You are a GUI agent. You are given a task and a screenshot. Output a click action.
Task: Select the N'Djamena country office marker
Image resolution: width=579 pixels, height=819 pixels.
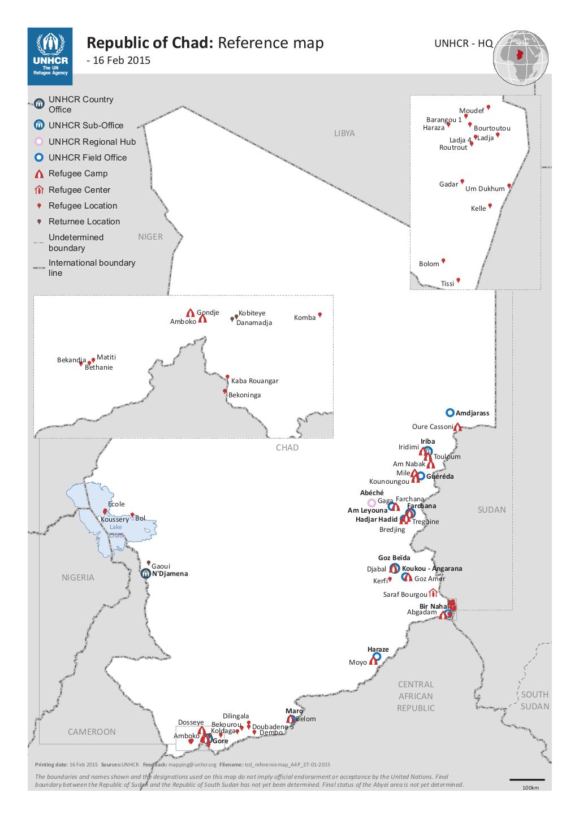pyautogui.click(x=146, y=573)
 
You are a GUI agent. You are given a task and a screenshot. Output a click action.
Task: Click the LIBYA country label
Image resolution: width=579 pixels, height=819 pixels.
pyautogui.click(x=344, y=133)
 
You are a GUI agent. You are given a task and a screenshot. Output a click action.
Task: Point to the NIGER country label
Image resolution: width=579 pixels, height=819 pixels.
pyautogui.click(x=150, y=237)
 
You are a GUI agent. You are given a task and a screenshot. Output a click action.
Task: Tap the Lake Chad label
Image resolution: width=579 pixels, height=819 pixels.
pyautogui.click(x=116, y=531)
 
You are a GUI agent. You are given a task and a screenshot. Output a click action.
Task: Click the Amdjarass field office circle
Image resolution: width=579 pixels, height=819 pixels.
pyautogui.click(x=450, y=413)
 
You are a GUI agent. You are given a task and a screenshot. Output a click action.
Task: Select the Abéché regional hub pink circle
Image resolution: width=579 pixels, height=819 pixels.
pyautogui.click(x=371, y=502)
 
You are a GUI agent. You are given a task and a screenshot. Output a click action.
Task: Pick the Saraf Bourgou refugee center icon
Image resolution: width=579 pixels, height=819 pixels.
pyautogui.click(x=433, y=593)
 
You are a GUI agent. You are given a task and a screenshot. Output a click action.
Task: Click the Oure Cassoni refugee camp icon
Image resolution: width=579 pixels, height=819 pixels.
pyautogui.click(x=458, y=427)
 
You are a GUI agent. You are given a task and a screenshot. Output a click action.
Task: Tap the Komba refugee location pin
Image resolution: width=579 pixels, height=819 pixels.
pyautogui.click(x=320, y=315)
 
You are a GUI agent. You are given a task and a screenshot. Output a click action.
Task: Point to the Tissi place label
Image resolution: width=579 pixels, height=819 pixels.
pyautogui.click(x=447, y=283)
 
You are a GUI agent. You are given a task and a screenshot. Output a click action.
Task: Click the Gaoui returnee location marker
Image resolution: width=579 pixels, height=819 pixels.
pyautogui.click(x=149, y=563)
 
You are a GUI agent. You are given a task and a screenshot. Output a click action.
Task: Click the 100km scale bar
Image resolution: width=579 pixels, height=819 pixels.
pyautogui.click(x=527, y=780)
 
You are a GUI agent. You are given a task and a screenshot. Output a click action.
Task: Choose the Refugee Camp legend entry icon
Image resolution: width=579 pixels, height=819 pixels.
pyautogui.click(x=39, y=174)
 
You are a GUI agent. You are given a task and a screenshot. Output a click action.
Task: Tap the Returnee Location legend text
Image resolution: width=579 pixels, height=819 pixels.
pyautogui.click(x=84, y=222)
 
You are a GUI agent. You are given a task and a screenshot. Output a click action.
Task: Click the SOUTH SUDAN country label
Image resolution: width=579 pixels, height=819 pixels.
pyautogui.click(x=534, y=700)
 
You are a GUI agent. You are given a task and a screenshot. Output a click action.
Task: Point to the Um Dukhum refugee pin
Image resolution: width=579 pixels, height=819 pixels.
pyautogui.click(x=509, y=185)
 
